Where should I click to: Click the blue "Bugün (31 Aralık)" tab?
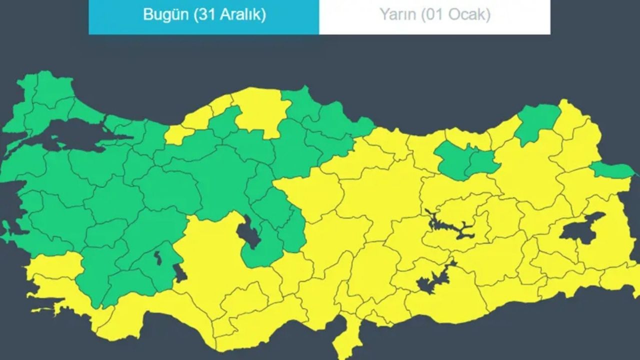coord(204,15)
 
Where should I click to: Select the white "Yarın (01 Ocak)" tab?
coord(434,15)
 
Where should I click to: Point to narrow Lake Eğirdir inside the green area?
coord(158,258)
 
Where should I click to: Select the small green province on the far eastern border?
coord(612,170)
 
